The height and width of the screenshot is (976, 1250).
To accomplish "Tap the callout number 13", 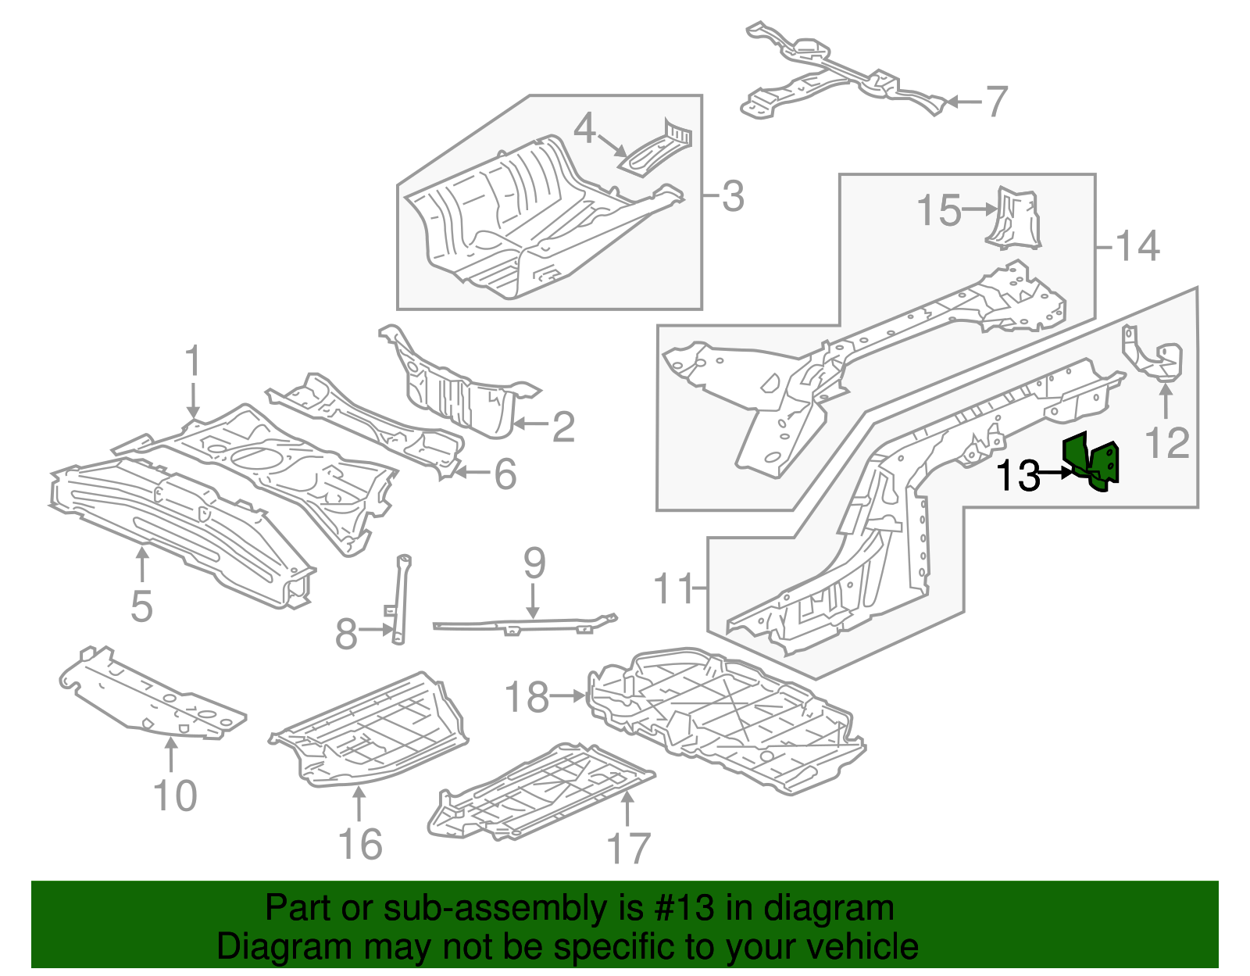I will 1018,475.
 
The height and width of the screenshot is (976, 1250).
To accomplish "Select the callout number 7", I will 996,102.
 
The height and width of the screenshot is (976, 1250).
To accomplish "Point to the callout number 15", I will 938,211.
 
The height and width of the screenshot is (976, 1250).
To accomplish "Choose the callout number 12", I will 1166,442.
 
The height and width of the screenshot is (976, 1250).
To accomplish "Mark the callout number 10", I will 175,796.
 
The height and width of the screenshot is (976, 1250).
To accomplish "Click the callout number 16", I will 360,845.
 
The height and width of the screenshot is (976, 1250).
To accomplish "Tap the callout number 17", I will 628,849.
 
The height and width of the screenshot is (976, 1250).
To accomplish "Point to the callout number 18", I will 527,697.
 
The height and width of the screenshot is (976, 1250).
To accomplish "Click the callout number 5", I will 141,606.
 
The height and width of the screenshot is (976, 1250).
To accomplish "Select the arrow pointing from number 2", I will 530,425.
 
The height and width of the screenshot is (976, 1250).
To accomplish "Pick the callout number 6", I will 505,474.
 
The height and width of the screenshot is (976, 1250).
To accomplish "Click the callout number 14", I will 1137,247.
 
